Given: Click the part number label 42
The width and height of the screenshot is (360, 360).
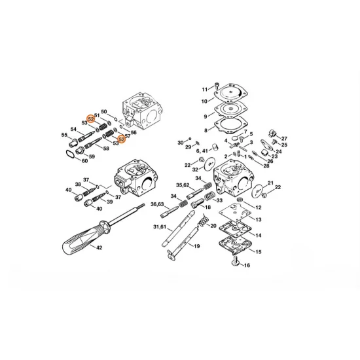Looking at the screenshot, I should [99, 249].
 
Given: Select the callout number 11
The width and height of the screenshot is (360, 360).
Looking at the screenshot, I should [204, 88].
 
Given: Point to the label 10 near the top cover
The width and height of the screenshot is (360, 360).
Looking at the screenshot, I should [204, 101].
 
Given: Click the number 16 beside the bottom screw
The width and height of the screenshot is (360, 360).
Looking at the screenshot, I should [247, 266].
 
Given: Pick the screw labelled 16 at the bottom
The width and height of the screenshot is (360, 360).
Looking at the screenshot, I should [235, 263].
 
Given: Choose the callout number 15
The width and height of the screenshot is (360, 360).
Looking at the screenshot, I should [258, 251].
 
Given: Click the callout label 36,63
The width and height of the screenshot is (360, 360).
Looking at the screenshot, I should [157, 205].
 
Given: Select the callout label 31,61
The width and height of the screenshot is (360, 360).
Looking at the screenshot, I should [160, 226].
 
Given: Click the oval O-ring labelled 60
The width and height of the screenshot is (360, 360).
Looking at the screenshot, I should [68, 154].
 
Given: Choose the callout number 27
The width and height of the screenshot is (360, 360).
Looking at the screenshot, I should [284, 139].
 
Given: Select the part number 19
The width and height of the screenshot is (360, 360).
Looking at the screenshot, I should [195, 246].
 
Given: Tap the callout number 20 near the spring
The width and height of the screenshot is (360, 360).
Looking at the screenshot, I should [213, 226].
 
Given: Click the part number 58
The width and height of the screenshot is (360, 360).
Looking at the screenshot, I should [105, 149].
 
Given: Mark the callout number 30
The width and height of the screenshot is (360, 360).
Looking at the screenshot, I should [179, 142].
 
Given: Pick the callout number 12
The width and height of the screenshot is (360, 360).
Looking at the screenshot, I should [258, 207].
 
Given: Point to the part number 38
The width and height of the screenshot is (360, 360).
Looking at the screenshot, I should [77, 185].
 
